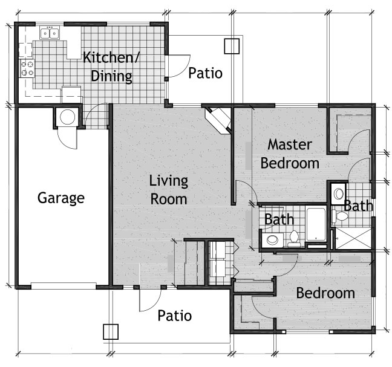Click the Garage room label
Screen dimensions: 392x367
click(61, 198)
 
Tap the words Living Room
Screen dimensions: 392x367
click(169, 190)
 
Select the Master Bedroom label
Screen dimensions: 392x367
click(290, 154)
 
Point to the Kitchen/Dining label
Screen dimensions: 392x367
click(111, 67)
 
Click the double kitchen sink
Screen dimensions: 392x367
click(50, 33)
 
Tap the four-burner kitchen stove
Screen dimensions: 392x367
click(27, 68)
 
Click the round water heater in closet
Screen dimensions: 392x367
click(68, 117)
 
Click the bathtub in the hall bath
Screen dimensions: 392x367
click(316, 225)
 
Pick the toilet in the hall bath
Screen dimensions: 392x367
click(294, 238)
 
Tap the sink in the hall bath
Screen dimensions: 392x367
click(272, 240)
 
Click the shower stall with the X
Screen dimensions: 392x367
click(353, 238)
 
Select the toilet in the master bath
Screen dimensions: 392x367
click(339, 216)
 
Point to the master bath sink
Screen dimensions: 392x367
click(339, 194)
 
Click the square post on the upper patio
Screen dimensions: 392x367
click(232, 46)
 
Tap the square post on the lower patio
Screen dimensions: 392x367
click(111, 332)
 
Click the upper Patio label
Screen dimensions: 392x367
click(205, 73)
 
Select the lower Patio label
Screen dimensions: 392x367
click(174, 316)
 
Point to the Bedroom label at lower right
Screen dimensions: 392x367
click(325, 293)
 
